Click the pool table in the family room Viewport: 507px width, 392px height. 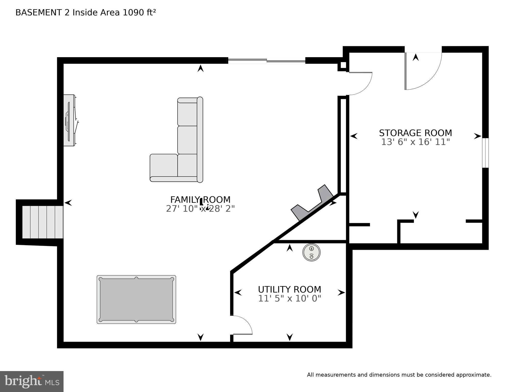pos(136,299)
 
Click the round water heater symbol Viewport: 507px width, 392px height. pos(311,252)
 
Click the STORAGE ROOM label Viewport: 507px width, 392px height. pos(415,133)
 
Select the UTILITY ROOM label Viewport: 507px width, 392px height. pos(289,289)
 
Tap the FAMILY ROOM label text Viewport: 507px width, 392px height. pos(200,199)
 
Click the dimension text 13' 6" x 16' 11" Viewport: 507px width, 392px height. pos(415,142)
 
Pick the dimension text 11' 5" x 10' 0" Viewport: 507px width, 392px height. pos(289,298)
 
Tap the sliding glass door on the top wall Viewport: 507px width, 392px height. pos(267,61)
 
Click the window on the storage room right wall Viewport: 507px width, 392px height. pos(485,153)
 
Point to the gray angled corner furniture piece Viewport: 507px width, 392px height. pos(313,203)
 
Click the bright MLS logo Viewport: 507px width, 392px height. pos(32,382)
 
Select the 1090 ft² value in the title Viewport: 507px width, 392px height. pos(139,13)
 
